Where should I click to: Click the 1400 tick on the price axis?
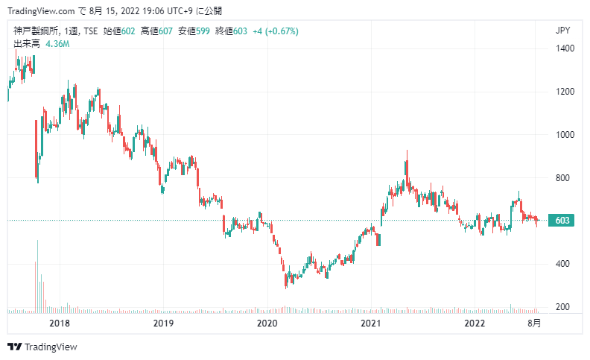click(x=565, y=48)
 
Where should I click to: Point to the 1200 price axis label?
click(x=565, y=92)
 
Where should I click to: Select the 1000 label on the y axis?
click(x=565, y=135)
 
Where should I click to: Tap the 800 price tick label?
click(x=562, y=177)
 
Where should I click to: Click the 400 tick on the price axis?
click(x=562, y=264)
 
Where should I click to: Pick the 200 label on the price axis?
click(x=562, y=307)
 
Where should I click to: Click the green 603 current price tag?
click(x=562, y=221)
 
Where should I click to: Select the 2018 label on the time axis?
click(x=60, y=323)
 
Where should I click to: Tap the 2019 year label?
click(x=163, y=323)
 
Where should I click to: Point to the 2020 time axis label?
click(x=267, y=323)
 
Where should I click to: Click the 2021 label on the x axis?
click(x=371, y=323)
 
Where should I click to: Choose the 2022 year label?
click(x=475, y=323)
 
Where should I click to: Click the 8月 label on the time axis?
click(x=534, y=323)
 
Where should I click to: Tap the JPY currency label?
click(x=562, y=31)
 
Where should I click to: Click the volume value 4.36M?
click(x=57, y=44)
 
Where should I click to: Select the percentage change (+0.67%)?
click(x=282, y=31)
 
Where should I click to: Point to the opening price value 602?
click(x=128, y=31)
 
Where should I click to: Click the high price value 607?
click(x=165, y=31)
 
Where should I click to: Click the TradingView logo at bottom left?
click(x=42, y=347)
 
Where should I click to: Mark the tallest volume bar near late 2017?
click(x=38, y=277)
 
